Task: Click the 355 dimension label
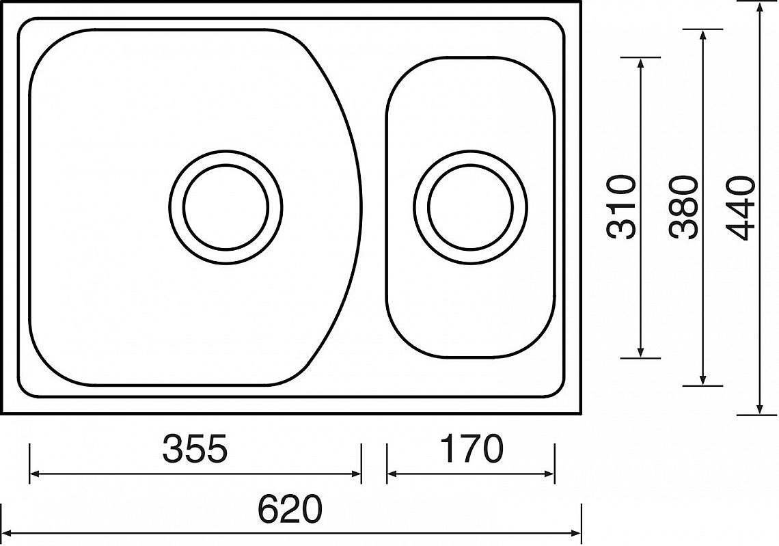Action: point(195,448)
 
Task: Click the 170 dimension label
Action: point(472,448)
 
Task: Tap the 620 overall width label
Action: point(290,509)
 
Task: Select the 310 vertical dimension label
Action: point(621,207)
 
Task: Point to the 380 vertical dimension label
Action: point(683,207)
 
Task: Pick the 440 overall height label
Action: point(740,207)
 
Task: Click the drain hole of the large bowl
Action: point(226,206)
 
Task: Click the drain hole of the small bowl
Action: point(470,206)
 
